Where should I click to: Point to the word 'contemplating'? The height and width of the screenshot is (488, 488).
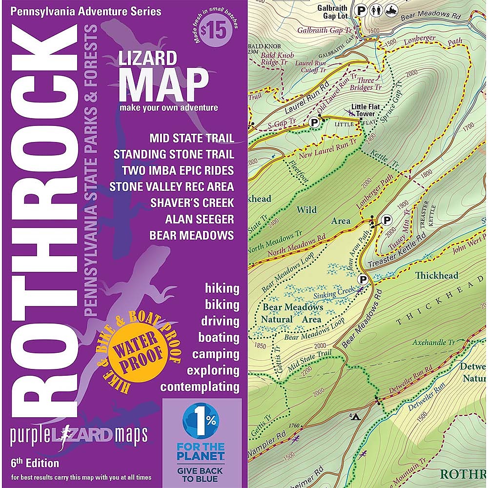[200, 387]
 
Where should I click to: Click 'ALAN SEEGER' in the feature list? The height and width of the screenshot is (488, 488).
[199, 219]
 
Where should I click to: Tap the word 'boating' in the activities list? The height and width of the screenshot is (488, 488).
[219, 337]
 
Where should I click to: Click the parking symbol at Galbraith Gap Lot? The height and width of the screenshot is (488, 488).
[361, 9]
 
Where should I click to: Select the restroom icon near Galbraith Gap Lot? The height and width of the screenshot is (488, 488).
[377, 9]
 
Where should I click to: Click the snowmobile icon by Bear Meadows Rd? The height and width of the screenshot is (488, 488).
[393, 9]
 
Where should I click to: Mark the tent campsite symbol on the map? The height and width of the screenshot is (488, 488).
[354, 417]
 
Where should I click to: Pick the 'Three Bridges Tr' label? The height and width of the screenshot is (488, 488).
[369, 84]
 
